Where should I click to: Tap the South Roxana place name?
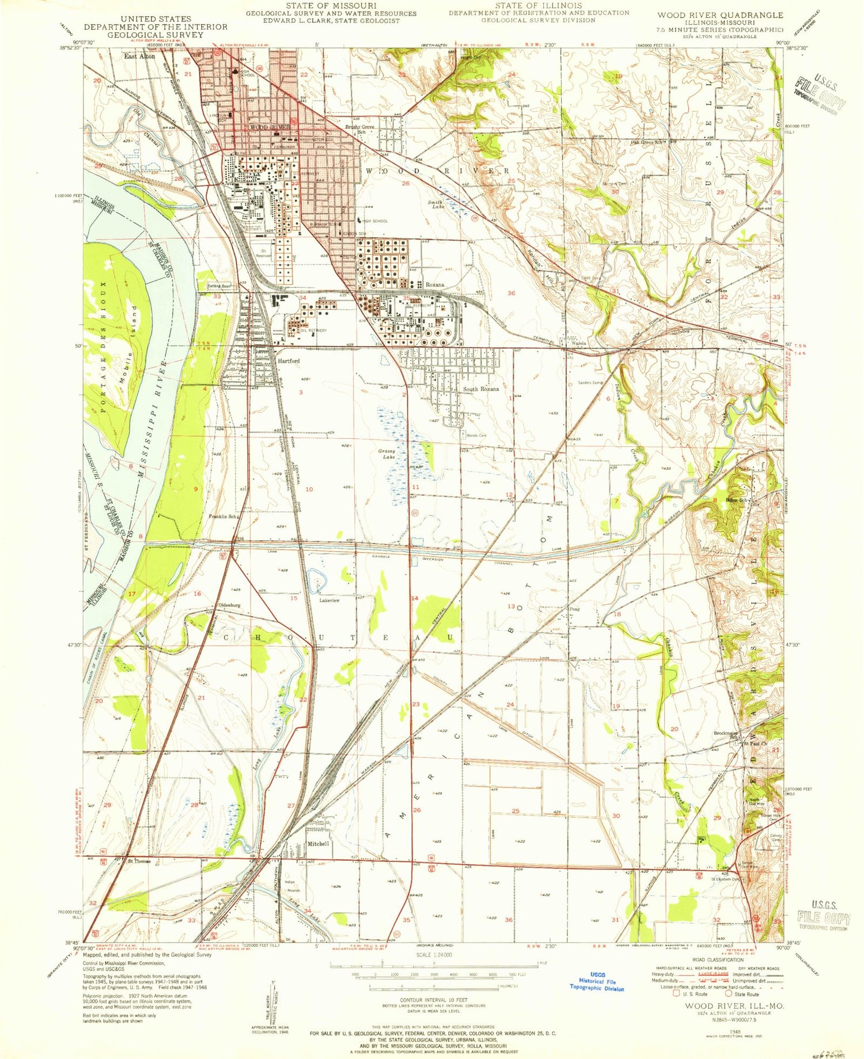[x=481, y=389]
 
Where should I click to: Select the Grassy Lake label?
[x=386, y=454]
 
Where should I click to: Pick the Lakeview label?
[x=329, y=600]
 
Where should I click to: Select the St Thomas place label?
[x=139, y=861]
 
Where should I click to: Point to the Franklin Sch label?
[x=223, y=517]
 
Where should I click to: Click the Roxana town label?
[x=435, y=285]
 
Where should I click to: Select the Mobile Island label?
[x=130, y=346]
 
